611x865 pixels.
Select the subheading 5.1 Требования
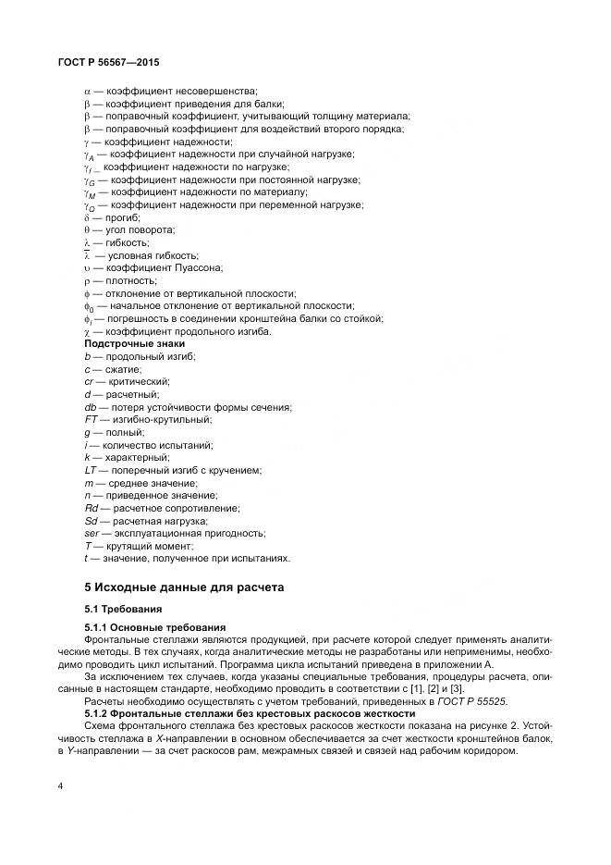(123, 611)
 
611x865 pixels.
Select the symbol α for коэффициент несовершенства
(87, 92)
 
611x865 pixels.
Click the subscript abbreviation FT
(91, 419)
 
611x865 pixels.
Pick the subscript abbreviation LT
(90, 470)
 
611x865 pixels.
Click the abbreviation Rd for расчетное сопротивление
(92, 508)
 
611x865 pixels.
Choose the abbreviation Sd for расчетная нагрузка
(92, 521)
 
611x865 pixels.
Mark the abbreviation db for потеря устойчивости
(91, 407)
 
